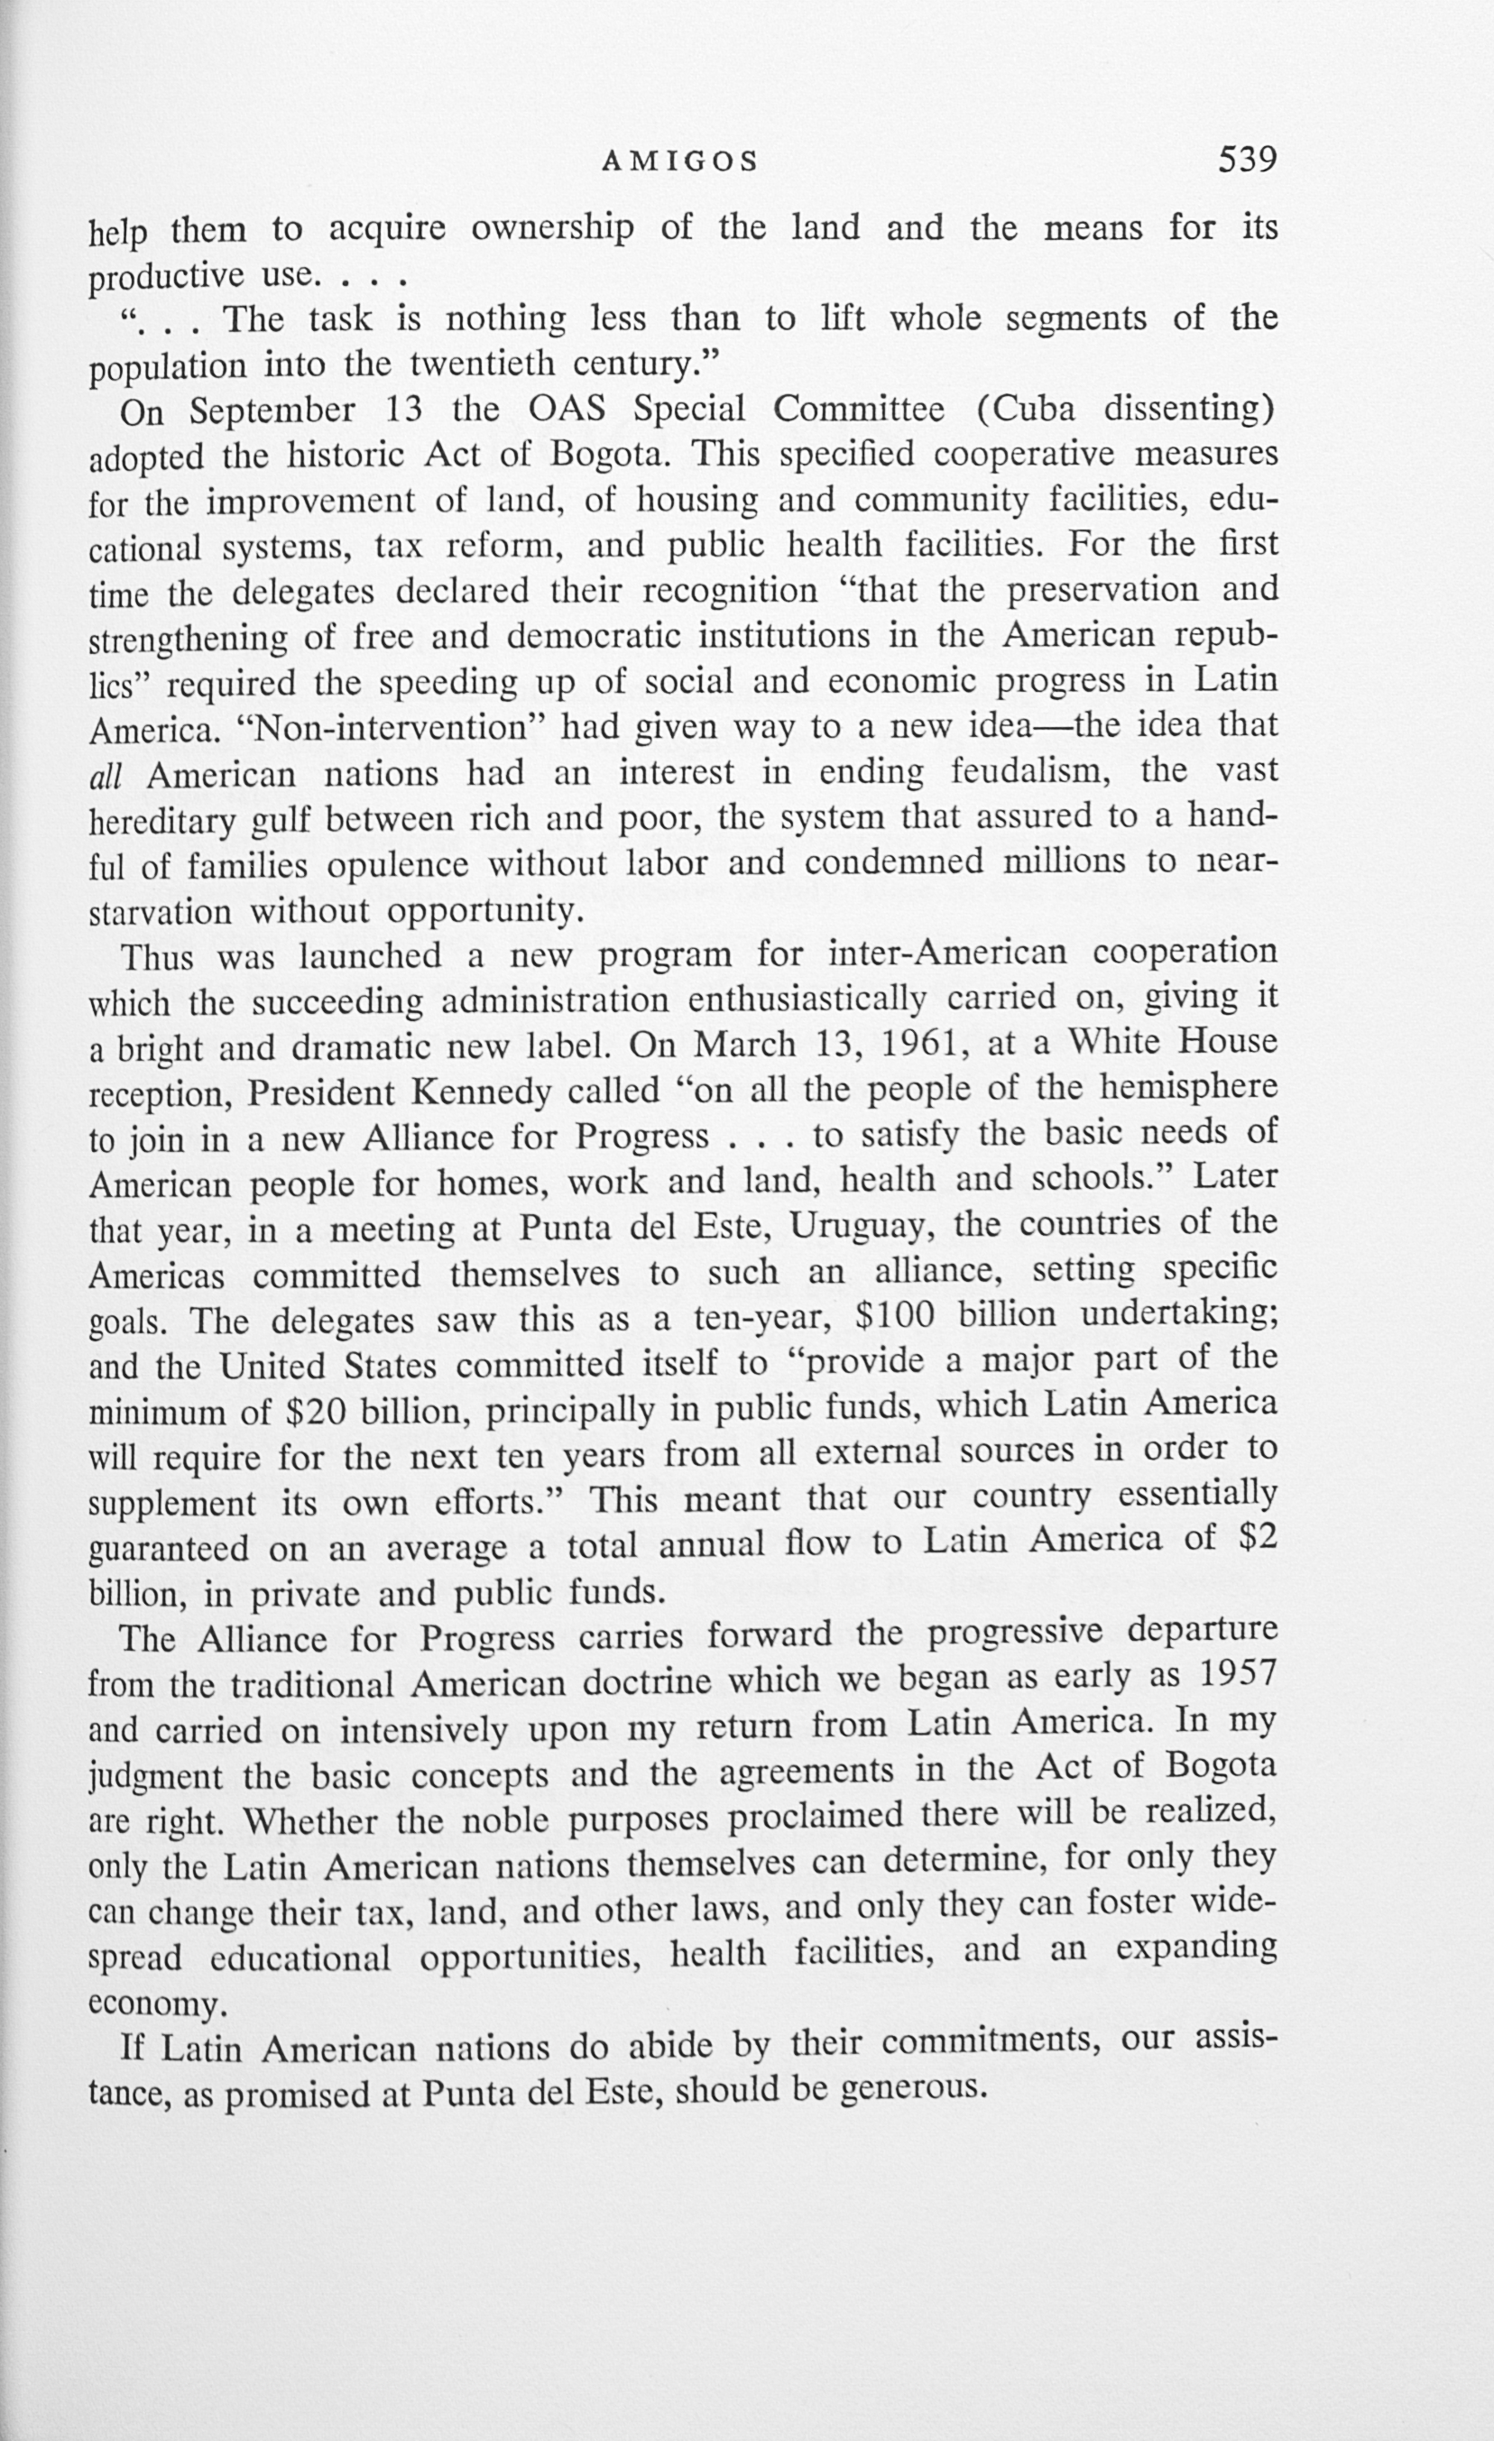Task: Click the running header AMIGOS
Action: click(679, 161)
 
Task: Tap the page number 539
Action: click(1248, 160)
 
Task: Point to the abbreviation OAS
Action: click(567, 410)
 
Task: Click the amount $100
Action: click(895, 1317)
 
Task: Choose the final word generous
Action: click(912, 2087)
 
